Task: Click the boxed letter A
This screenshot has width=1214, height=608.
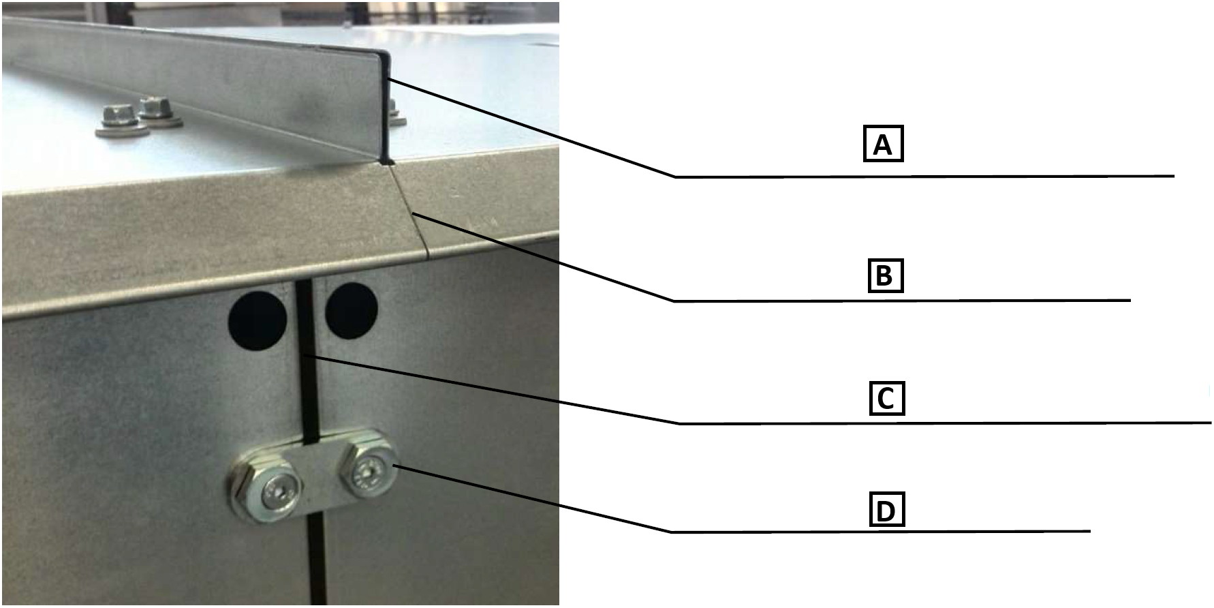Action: click(883, 143)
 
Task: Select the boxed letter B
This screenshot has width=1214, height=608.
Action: click(885, 275)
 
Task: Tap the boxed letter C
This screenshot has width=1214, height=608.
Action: click(886, 398)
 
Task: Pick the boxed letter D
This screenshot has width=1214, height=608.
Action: click(886, 510)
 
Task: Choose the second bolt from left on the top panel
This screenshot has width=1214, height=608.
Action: click(160, 113)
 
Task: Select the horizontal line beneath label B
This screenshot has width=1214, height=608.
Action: click(902, 301)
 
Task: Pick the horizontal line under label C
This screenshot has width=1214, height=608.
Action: click(946, 423)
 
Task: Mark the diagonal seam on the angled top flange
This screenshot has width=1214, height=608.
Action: click(409, 211)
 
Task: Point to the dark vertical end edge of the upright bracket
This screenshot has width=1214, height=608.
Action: click(386, 109)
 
